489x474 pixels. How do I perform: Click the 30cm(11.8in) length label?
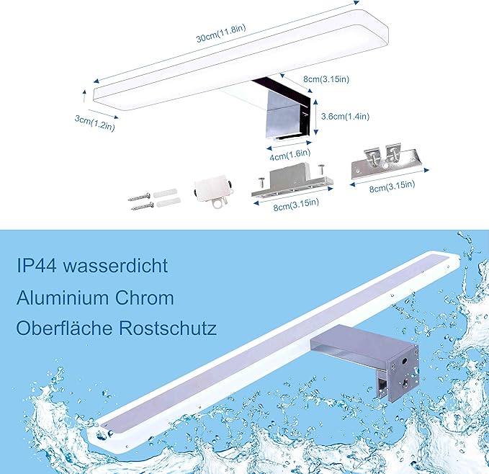click(221, 33)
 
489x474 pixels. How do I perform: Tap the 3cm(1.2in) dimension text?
click(95, 123)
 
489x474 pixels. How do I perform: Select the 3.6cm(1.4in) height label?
click(345, 116)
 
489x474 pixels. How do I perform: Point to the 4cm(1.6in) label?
click(290, 155)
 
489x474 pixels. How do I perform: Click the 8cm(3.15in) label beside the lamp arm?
click(326, 79)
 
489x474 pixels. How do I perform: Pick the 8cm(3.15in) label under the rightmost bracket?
click(392, 186)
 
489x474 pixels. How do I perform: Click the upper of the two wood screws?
click(140, 197)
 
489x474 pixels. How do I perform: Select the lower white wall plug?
click(169, 202)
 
